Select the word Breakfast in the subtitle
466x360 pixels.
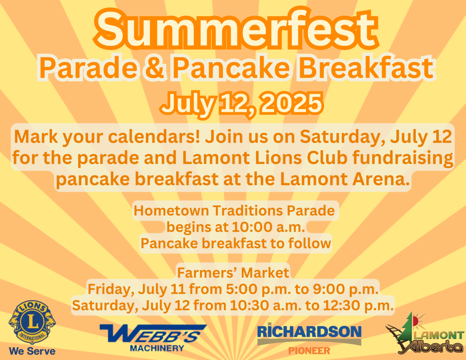[366, 67]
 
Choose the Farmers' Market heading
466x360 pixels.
[233, 273]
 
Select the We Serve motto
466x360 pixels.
[32, 351]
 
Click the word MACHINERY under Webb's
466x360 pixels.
[157, 348]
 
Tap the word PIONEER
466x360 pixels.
[309, 351]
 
